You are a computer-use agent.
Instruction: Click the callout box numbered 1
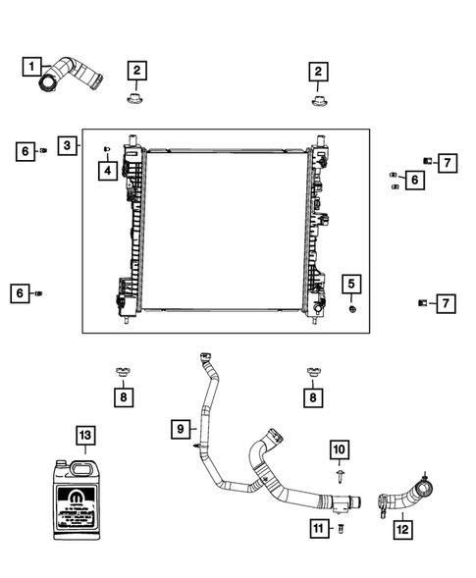33,67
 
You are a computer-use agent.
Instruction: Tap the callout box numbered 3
67,146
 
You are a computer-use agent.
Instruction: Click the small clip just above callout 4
104,147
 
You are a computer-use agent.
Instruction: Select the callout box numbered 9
180,429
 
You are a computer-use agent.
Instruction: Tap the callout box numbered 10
338,449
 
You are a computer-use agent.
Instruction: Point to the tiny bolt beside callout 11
342,529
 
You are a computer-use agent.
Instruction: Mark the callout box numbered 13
85,434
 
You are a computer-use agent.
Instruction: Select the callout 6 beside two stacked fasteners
414,180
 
